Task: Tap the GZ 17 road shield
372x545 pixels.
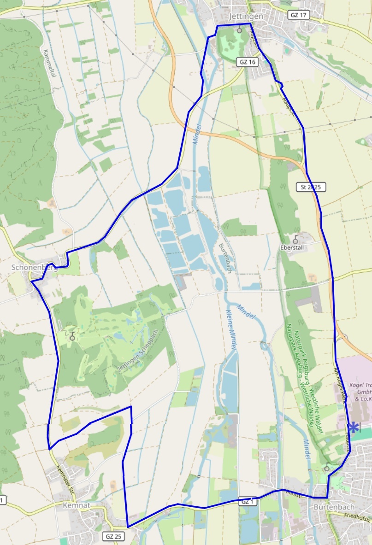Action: click(299, 15)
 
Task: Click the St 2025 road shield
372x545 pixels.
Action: click(311, 187)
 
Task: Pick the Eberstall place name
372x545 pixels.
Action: click(294, 247)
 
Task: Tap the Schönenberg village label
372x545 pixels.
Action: click(34, 268)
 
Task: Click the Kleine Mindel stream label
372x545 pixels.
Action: click(231, 330)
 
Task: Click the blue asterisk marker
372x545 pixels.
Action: click(353, 428)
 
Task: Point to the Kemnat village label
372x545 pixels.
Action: click(76, 505)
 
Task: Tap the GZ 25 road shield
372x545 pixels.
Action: click(113, 536)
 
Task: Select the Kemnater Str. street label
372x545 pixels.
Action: click(65, 479)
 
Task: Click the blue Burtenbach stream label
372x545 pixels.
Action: click(224, 258)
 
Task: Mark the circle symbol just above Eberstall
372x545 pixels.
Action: click(295, 240)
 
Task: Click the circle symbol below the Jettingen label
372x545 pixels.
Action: click(239, 30)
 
